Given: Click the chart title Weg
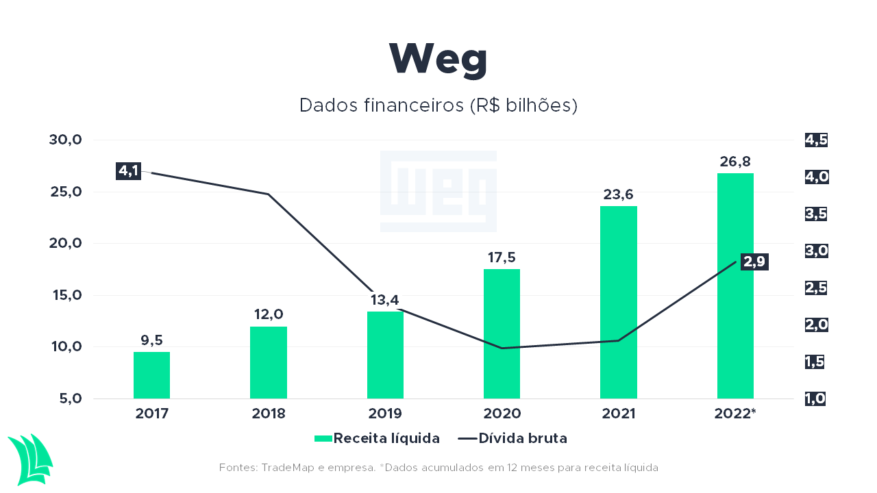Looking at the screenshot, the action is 438,60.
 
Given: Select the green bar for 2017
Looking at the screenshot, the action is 151,375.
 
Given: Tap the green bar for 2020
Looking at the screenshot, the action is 502,333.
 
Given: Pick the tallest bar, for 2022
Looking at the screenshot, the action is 735,286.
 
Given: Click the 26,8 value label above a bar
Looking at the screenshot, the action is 735,162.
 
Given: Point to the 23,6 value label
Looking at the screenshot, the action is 618,194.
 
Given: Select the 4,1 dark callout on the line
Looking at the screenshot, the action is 128,171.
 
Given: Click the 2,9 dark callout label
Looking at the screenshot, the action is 754,262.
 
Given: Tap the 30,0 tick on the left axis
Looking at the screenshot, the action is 65,140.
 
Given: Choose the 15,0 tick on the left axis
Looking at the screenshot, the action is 67,295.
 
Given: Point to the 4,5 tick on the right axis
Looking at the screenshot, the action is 816,140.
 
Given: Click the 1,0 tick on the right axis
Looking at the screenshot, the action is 815,399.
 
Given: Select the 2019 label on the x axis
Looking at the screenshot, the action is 385,414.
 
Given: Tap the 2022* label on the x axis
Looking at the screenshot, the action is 735,413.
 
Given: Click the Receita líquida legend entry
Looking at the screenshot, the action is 377,438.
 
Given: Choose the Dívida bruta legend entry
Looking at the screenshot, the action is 512,438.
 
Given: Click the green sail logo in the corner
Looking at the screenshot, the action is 31,459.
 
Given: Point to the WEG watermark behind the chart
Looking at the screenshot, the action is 438,191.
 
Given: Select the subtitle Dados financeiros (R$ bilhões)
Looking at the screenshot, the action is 438,105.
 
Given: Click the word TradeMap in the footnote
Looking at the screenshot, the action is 287,468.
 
